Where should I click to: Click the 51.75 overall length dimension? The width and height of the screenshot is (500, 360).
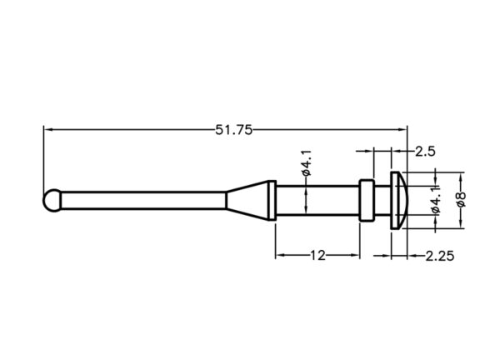233,130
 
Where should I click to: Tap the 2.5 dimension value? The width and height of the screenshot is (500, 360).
425,151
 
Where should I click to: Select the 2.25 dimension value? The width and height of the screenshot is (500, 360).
440,255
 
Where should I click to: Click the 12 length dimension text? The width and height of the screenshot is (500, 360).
317,255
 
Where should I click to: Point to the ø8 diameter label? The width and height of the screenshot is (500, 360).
462,199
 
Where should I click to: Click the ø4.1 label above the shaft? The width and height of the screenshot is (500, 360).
306,163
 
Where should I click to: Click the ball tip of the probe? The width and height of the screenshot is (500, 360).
52,200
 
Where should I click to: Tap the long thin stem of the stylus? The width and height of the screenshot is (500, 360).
143,200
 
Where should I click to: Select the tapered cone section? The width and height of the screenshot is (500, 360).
247,200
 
